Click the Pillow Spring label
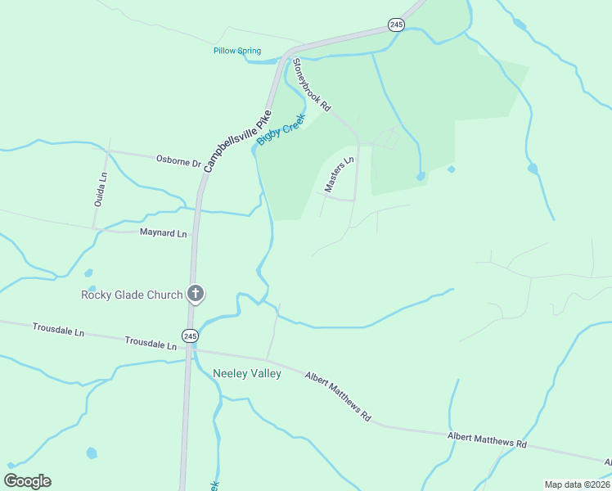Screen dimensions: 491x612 237,51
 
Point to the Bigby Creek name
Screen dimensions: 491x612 281,130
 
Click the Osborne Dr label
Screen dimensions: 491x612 178,161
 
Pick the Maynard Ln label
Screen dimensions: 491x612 164,234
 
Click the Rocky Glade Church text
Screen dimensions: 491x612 132,295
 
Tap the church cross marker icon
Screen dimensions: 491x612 195,294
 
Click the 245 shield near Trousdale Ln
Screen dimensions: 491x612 191,336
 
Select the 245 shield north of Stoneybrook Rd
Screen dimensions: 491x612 397,25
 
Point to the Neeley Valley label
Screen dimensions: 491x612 247,374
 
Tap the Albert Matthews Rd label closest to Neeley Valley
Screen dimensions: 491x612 338,397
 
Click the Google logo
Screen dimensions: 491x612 27,481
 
